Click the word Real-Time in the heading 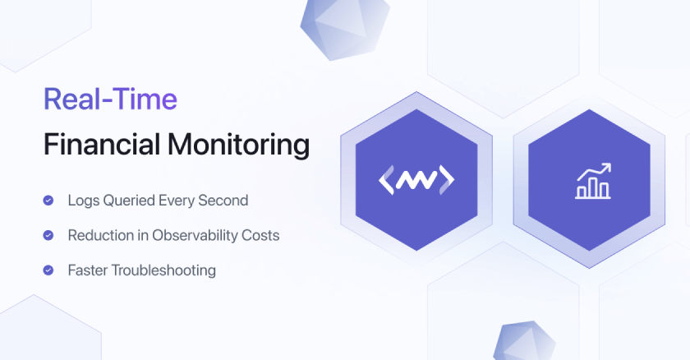pyautogui.click(x=110, y=99)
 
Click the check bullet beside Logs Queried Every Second pyautogui.click(x=48, y=200)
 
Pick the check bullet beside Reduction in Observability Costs pyautogui.click(x=48, y=235)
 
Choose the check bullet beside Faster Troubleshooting pyautogui.click(x=48, y=270)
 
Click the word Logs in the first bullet pyautogui.click(x=81, y=200)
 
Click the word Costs pyautogui.click(x=260, y=235)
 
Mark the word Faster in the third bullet pyautogui.click(x=88, y=270)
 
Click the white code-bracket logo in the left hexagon pyautogui.click(x=416, y=180)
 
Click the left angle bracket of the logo pyautogui.click(x=385, y=180)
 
